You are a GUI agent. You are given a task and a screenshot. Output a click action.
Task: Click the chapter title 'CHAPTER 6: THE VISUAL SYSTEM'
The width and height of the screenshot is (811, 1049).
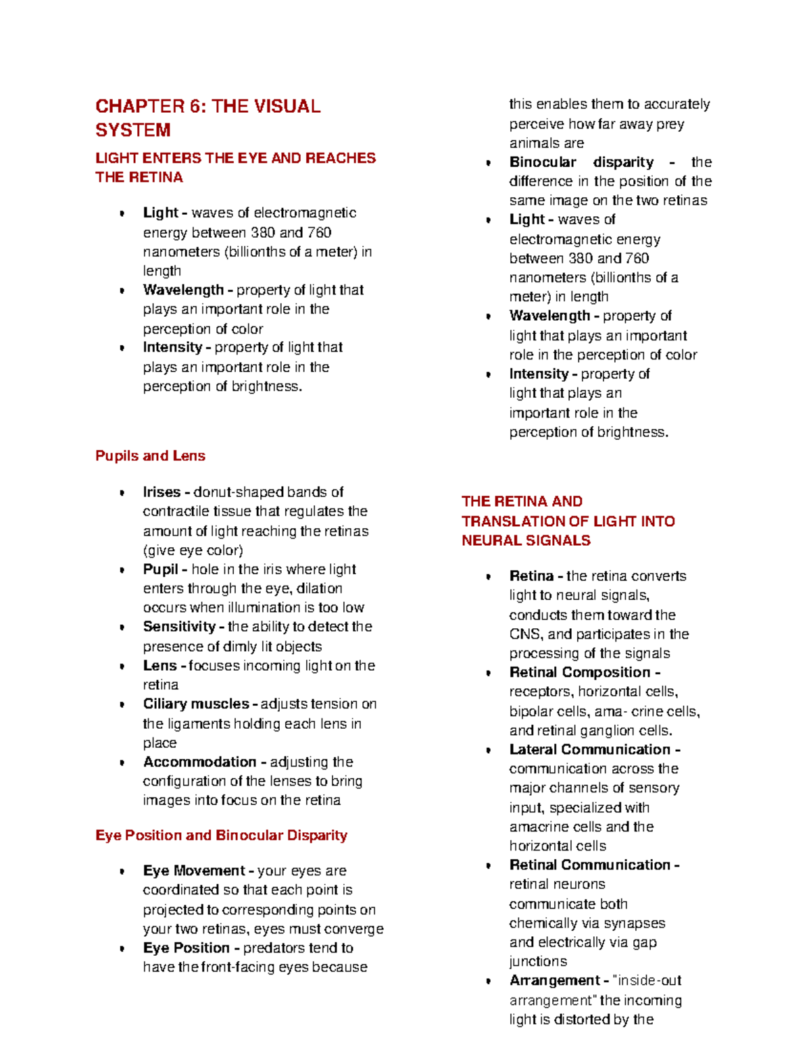[x=207, y=118]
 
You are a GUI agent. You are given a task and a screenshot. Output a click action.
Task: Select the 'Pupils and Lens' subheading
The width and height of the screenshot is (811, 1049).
[x=150, y=456]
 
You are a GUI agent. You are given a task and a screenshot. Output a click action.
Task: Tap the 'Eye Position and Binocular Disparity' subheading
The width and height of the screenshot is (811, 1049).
[x=221, y=836]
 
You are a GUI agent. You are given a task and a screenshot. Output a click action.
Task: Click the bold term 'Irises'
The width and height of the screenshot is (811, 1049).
[x=162, y=492]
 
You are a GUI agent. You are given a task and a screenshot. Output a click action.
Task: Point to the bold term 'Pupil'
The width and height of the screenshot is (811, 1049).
[x=160, y=569]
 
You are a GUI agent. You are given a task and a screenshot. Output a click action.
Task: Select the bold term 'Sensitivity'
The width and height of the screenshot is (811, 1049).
[x=179, y=627]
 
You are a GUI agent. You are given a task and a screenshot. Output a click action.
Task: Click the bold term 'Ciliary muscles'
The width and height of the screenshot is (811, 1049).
[x=196, y=704]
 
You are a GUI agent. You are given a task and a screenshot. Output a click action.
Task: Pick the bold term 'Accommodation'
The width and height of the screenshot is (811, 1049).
[x=199, y=762]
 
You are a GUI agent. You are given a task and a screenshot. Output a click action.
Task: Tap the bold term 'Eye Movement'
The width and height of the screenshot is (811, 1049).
[x=194, y=871]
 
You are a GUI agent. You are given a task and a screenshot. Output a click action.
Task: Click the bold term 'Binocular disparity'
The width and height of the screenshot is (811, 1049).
[x=581, y=162]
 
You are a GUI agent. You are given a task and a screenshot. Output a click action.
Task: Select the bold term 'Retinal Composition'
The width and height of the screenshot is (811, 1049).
[x=580, y=672]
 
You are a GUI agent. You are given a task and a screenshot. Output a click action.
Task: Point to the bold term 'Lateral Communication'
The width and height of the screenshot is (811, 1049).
[x=590, y=750]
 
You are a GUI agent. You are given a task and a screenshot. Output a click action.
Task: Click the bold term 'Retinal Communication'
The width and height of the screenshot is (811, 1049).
[x=590, y=865]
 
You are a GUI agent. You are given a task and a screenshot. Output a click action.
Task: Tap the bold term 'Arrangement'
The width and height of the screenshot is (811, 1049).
[x=555, y=981]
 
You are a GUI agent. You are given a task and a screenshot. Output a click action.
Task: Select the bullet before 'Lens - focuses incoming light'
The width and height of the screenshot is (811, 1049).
[x=122, y=667]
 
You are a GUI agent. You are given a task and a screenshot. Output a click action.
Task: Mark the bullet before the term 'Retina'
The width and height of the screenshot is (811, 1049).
[x=488, y=577]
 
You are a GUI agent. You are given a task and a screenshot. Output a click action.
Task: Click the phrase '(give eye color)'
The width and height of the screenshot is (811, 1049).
[x=193, y=551]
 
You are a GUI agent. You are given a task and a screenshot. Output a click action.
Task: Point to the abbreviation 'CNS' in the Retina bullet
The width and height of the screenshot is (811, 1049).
[x=525, y=634]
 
